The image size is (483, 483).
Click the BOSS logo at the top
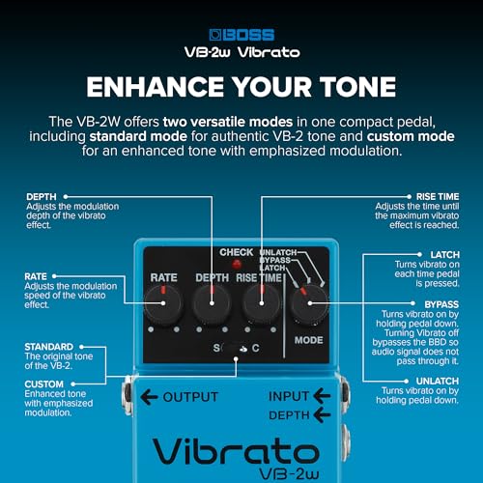pyautogui.click(x=241, y=35)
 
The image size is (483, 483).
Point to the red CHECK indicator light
pyautogui.click(x=237, y=265)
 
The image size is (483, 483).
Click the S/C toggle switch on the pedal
pyautogui.click(x=235, y=348)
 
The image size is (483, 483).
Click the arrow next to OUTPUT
pyautogui.click(x=149, y=397)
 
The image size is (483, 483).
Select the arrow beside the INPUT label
pyautogui.click(x=322, y=396)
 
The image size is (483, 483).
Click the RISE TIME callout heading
pyautogui.click(x=438, y=197)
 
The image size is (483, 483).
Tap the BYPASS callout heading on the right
pyautogui.click(x=441, y=304)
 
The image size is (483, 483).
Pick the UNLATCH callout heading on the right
pyautogui.click(x=438, y=381)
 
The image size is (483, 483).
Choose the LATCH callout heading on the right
pyautogui.click(x=444, y=255)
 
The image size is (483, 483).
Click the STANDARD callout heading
pyautogui.click(x=49, y=347)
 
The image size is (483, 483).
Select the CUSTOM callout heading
pyautogui.click(x=44, y=384)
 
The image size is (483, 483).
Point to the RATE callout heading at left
pyautogui.click(x=36, y=276)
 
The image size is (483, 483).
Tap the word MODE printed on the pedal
pyautogui.click(x=308, y=340)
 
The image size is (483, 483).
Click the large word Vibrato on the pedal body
pyautogui.click(x=236, y=451)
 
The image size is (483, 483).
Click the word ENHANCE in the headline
pyautogui.click(x=156, y=87)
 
